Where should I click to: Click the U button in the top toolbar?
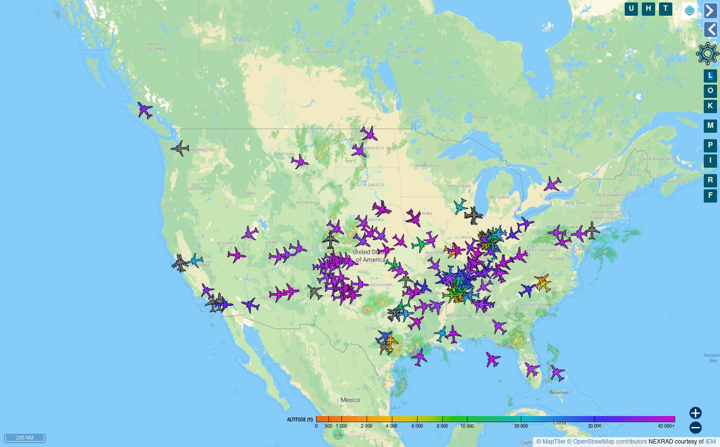[631, 9]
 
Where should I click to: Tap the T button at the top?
[665, 9]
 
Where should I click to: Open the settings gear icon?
[707, 54]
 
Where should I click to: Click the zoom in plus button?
[695, 413]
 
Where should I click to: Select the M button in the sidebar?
[710, 126]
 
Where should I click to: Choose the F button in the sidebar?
[710, 196]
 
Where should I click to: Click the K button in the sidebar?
[710, 106]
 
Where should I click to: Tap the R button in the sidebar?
[710, 180]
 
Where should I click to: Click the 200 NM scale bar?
[25, 438]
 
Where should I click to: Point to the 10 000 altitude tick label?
[467, 426]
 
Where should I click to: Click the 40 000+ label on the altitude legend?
[666, 426]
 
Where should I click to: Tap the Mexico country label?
[350, 400]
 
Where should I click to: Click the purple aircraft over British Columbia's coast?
[144, 110]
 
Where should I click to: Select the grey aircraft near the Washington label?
[180, 148]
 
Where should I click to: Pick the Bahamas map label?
[559, 392]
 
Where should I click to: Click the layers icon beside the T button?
[690, 10]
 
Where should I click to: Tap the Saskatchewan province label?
[321, 52]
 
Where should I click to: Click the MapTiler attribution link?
[553, 442]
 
